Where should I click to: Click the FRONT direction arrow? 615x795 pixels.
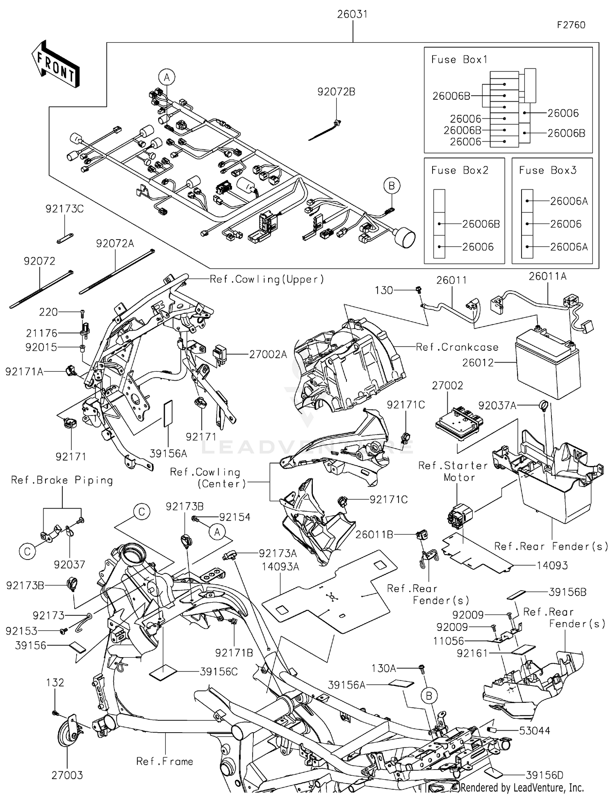click(x=55, y=64)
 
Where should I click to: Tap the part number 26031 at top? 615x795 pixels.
click(x=352, y=14)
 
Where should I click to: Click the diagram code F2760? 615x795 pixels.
click(x=571, y=25)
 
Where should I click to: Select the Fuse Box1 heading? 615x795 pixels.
click(x=459, y=60)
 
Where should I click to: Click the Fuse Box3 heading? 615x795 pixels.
click(x=547, y=171)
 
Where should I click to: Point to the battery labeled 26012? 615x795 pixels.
click(x=548, y=365)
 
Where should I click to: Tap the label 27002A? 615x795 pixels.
click(x=268, y=354)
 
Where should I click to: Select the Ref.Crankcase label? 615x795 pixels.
click(x=457, y=347)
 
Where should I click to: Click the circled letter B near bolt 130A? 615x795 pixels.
click(x=429, y=696)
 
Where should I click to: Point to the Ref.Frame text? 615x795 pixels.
click(x=164, y=762)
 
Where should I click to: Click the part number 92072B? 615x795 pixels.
click(x=336, y=92)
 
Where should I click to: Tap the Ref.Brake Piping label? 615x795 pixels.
click(x=62, y=480)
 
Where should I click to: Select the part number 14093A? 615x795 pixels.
click(x=280, y=567)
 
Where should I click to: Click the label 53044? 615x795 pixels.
click(x=534, y=731)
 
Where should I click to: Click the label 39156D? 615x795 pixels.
click(x=544, y=775)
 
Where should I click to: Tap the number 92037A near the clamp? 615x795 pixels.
click(x=497, y=406)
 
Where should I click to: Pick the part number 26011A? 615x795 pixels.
click(x=547, y=277)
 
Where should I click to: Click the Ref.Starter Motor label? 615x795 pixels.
click(x=453, y=472)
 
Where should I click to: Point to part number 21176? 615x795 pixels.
click(x=41, y=334)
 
